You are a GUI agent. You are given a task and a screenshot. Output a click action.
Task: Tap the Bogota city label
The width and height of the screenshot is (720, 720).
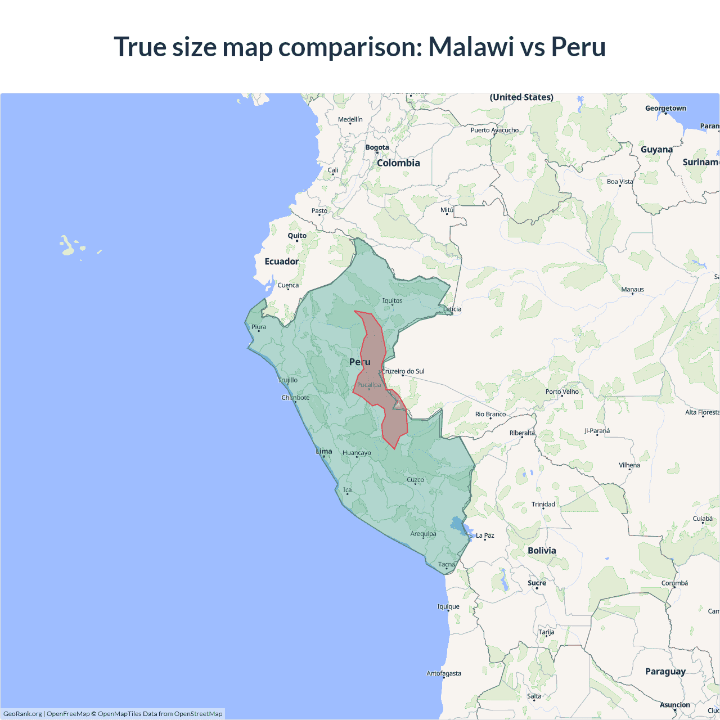[377, 147]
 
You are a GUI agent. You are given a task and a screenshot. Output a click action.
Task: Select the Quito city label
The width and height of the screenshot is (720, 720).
[297, 236]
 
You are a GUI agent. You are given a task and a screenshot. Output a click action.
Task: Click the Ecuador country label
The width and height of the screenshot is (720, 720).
[281, 262]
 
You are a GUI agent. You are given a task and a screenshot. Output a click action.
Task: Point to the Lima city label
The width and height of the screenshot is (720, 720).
[324, 451]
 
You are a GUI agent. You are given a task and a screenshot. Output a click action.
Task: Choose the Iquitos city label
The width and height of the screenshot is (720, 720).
[392, 300]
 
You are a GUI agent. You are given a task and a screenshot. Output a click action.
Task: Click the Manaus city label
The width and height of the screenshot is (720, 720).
[632, 289]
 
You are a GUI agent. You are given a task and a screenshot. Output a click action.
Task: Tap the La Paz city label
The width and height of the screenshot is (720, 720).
[485, 535]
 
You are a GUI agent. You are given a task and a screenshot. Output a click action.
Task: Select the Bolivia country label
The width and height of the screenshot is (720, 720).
[542, 551]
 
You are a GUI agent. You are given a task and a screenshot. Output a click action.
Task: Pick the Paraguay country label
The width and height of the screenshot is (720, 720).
[665, 671]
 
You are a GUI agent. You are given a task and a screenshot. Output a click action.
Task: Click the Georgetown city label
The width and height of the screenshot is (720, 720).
[665, 108]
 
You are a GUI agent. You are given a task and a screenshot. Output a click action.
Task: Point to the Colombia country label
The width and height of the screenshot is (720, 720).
[398, 163]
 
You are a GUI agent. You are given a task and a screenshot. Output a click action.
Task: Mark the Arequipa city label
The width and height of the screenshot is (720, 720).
[423, 534]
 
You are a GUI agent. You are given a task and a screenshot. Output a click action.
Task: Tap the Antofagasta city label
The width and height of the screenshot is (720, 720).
[443, 673]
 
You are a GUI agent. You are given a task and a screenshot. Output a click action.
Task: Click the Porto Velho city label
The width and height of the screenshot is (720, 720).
[562, 391]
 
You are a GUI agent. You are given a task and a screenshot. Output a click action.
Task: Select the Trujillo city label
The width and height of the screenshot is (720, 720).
[288, 380]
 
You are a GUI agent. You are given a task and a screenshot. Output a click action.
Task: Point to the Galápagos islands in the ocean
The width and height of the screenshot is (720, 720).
[68, 246]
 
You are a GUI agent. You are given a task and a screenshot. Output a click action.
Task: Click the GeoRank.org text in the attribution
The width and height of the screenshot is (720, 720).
[22, 714]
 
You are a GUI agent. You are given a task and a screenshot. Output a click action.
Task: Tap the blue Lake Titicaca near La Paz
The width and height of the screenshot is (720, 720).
[465, 529]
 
